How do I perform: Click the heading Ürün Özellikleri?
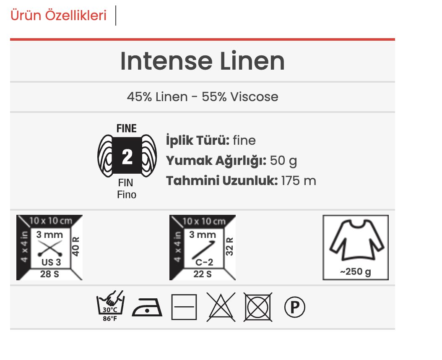pos(58,15)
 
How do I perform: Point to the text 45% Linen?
pos(157,97)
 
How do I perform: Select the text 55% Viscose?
pos(240,97)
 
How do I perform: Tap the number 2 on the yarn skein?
pos(127,157)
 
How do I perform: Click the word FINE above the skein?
pos(127,128)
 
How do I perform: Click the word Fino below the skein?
pos(127,195)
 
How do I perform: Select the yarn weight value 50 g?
pos(283,161)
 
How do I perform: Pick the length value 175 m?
pos(299,181)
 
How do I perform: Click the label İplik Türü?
pos(198,140)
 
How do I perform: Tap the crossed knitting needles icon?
pos(50,248)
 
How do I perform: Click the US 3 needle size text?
pos(51,262)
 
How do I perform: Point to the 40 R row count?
pos(75,246)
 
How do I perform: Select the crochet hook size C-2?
pos(204,262)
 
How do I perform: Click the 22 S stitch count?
pos(203,274)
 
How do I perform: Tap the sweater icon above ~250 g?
pos(356,240)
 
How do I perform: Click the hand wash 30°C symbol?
pos(110,306)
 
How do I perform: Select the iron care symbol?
pos(147,308)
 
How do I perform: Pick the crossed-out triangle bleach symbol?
pos(221,307)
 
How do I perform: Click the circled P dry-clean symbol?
pos(294,307)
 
